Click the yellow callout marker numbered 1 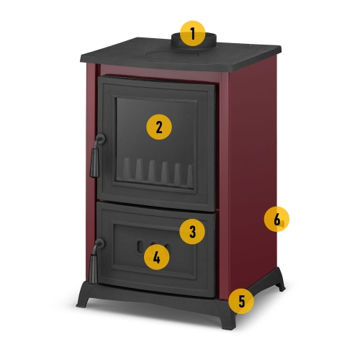pyautogui.click(x=192, y=34)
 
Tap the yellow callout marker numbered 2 pyautogui.click(x=159, y=127)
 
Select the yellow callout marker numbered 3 pyautogui.click(x=192, y=232)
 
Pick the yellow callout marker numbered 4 pyautogui.click(x=156, y=257)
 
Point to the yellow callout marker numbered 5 pyautogui.click(x=241, y=301)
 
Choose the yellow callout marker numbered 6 pyautogui.click(x=276, y=219)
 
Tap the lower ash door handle pyautogui.click(x=96, y=261)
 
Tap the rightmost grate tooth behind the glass pyautogui.click(x=190, y=174)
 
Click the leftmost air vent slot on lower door pyautogui.click(x=140, y=247)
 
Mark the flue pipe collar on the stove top pyautogui.click(x=194, y=42)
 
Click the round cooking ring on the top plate pyautogui.click(x=173, y=54)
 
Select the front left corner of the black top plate pyautogui.click(x=82, y=58)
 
